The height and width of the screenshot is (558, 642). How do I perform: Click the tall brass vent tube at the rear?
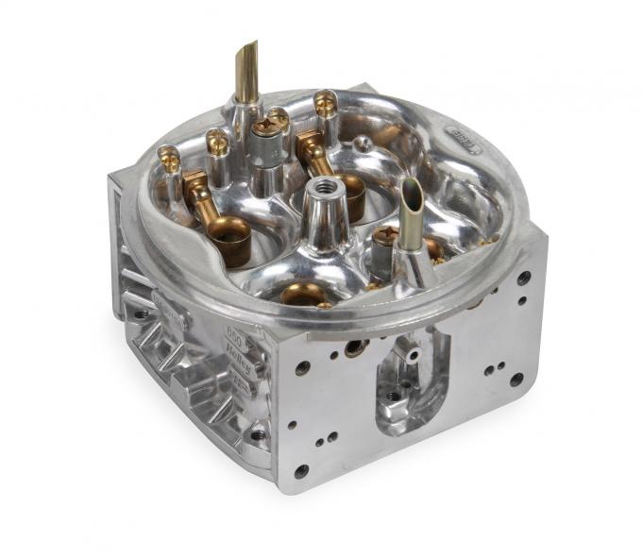[x=247, y=72]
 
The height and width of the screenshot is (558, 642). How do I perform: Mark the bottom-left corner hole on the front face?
[x=300, y=470]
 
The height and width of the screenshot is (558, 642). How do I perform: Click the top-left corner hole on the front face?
[x=302, y=368]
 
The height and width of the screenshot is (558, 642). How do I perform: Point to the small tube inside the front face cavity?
[x=413, y=354]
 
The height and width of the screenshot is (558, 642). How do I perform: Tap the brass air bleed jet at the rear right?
[x=326, y=100]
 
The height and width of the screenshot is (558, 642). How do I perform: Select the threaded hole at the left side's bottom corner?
[x=257, y=435]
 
